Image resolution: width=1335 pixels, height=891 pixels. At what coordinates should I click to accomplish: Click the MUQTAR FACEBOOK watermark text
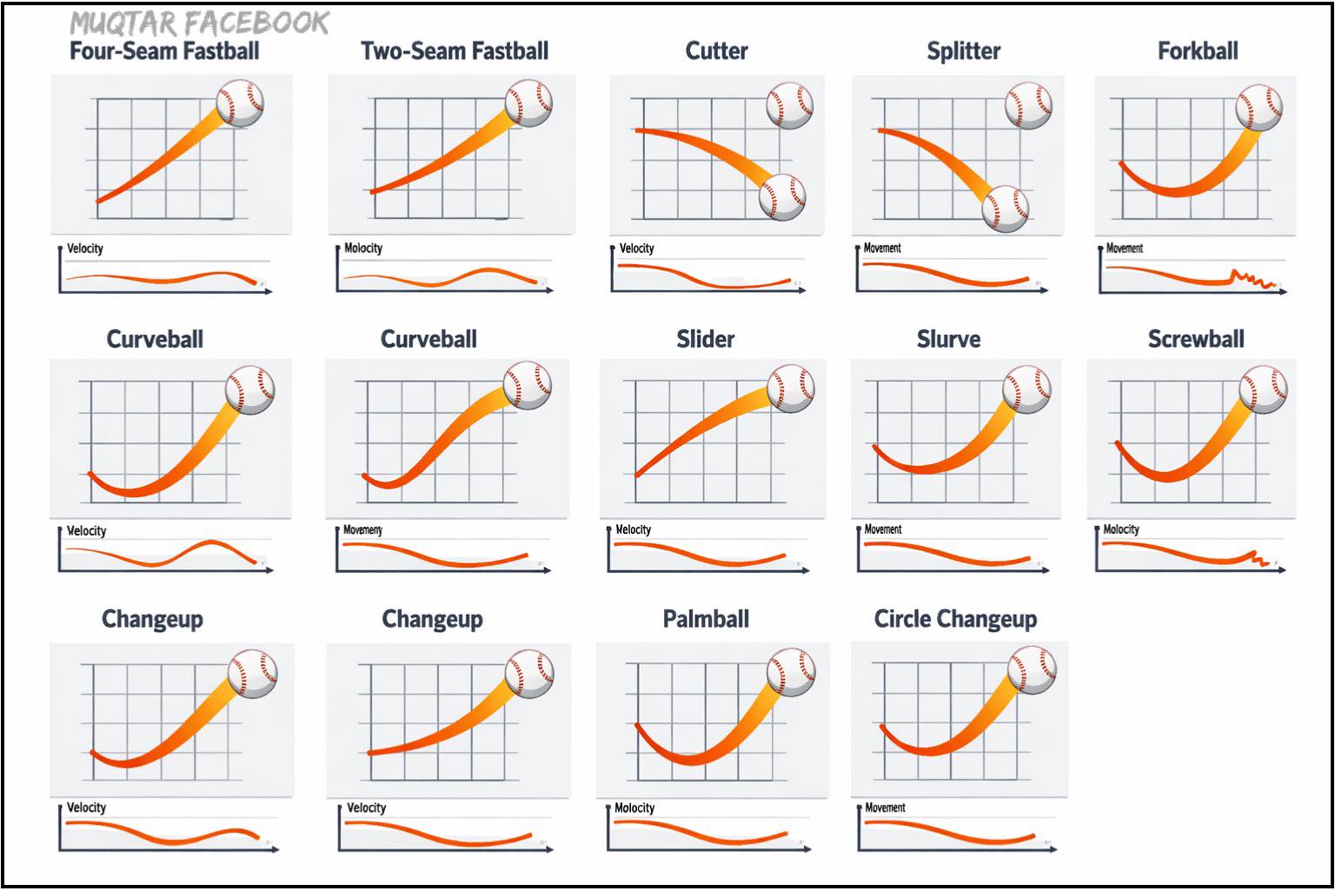click(x=199, y=23)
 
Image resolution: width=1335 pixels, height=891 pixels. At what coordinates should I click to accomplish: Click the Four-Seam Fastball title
click(x=164, y=51)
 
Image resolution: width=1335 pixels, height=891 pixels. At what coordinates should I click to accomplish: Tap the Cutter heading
click(x=716, y=51)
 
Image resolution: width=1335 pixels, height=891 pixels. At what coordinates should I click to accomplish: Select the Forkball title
click(x=1198, y=51)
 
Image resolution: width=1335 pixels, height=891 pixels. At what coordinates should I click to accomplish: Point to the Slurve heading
click(x=948, y=339)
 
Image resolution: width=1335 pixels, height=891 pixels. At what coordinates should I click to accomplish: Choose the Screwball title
click(x=1196, y=339)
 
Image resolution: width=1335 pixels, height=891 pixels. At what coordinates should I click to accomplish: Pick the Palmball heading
click(x=707, y=619)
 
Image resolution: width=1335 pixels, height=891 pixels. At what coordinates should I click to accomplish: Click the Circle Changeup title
click(x=955, y=619)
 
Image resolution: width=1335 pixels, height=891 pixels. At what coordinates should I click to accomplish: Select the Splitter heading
click(x=964, y=52)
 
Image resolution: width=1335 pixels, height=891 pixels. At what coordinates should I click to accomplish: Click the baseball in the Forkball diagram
click(x=1259, y=107)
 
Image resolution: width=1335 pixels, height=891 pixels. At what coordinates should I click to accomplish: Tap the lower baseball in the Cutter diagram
click(x=782, y=196)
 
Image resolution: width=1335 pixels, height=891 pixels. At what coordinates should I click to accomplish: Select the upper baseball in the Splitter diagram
click(x=1028, y=105)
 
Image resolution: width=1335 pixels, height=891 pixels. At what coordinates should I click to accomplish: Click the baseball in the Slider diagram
click(x=791, y=389)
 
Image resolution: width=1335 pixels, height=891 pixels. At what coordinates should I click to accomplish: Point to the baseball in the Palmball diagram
click(x=791, y=672)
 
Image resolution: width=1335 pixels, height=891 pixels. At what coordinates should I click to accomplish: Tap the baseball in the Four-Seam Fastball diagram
click(x=240, y=103)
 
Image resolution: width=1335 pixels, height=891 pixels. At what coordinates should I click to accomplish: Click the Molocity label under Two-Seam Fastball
click(x=363, y=248)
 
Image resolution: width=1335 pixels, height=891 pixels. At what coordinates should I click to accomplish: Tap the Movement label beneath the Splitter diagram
click(x=882, y=248)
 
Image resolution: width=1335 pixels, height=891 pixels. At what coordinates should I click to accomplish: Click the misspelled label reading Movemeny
click(x=362, y=530)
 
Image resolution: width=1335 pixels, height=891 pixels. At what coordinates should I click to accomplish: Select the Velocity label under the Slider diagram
click(x=633, y=529)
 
